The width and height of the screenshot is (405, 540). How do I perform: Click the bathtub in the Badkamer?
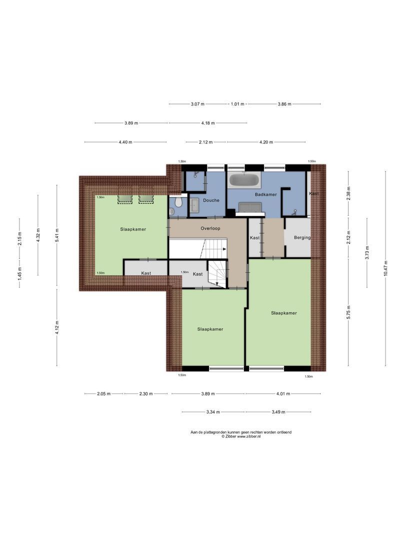pos(244,180)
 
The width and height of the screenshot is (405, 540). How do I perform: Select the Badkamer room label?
pos(265,194)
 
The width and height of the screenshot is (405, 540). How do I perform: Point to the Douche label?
pos(211,200)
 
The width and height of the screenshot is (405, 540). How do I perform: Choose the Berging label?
pos(302,237)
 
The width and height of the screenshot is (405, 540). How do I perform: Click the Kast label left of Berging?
pos(254,238)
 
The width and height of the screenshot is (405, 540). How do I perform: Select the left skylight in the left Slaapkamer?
pos(125,199)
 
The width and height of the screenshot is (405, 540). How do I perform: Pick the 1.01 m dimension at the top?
pos(237,104)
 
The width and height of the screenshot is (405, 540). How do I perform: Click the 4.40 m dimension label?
pos(125,142)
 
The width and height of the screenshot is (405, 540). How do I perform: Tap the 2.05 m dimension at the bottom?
pos(104,393)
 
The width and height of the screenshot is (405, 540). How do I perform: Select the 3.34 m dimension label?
pos(213,412)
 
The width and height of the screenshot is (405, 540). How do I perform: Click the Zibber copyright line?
pos(241,436)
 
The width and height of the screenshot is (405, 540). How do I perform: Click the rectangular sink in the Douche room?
pos(194,204)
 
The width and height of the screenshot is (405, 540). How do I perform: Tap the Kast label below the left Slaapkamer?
pos(146,273)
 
